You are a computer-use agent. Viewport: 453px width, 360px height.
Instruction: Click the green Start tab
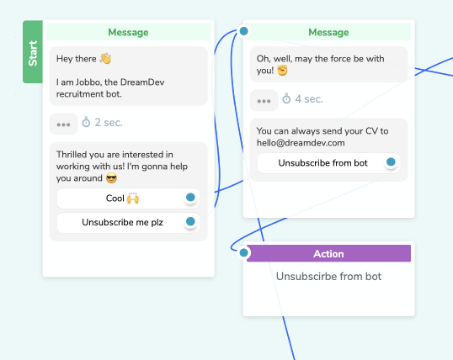[33, 52]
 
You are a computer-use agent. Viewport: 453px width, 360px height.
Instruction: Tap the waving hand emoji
[105, 58]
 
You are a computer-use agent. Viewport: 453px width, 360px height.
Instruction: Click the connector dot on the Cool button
[190, 198]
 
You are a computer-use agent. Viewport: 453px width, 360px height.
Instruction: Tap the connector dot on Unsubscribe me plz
[190, 221]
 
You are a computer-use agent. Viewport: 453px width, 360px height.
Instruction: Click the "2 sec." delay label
[109, 123]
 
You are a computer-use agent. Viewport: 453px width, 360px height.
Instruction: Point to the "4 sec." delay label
[309, 99]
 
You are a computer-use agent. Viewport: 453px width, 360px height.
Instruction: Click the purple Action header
[328, 253]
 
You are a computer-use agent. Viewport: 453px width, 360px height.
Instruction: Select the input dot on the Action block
[244, 252]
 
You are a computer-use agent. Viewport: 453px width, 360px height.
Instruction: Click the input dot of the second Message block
[244, 31]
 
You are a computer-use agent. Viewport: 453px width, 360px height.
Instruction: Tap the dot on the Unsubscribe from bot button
[391, 162]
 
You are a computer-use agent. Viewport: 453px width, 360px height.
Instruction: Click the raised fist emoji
[282, 71]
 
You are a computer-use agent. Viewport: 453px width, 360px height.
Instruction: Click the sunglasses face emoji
[111, 178]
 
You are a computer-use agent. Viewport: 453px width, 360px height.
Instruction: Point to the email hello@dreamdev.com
[301, 143]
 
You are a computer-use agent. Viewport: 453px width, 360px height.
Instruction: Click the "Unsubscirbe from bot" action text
[328, 276]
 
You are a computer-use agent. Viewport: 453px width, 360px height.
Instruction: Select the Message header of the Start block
[128, 32]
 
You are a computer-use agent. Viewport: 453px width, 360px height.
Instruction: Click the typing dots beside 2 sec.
[63, 124]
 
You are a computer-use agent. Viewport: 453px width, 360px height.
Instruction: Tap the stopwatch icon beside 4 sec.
[286, 98]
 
